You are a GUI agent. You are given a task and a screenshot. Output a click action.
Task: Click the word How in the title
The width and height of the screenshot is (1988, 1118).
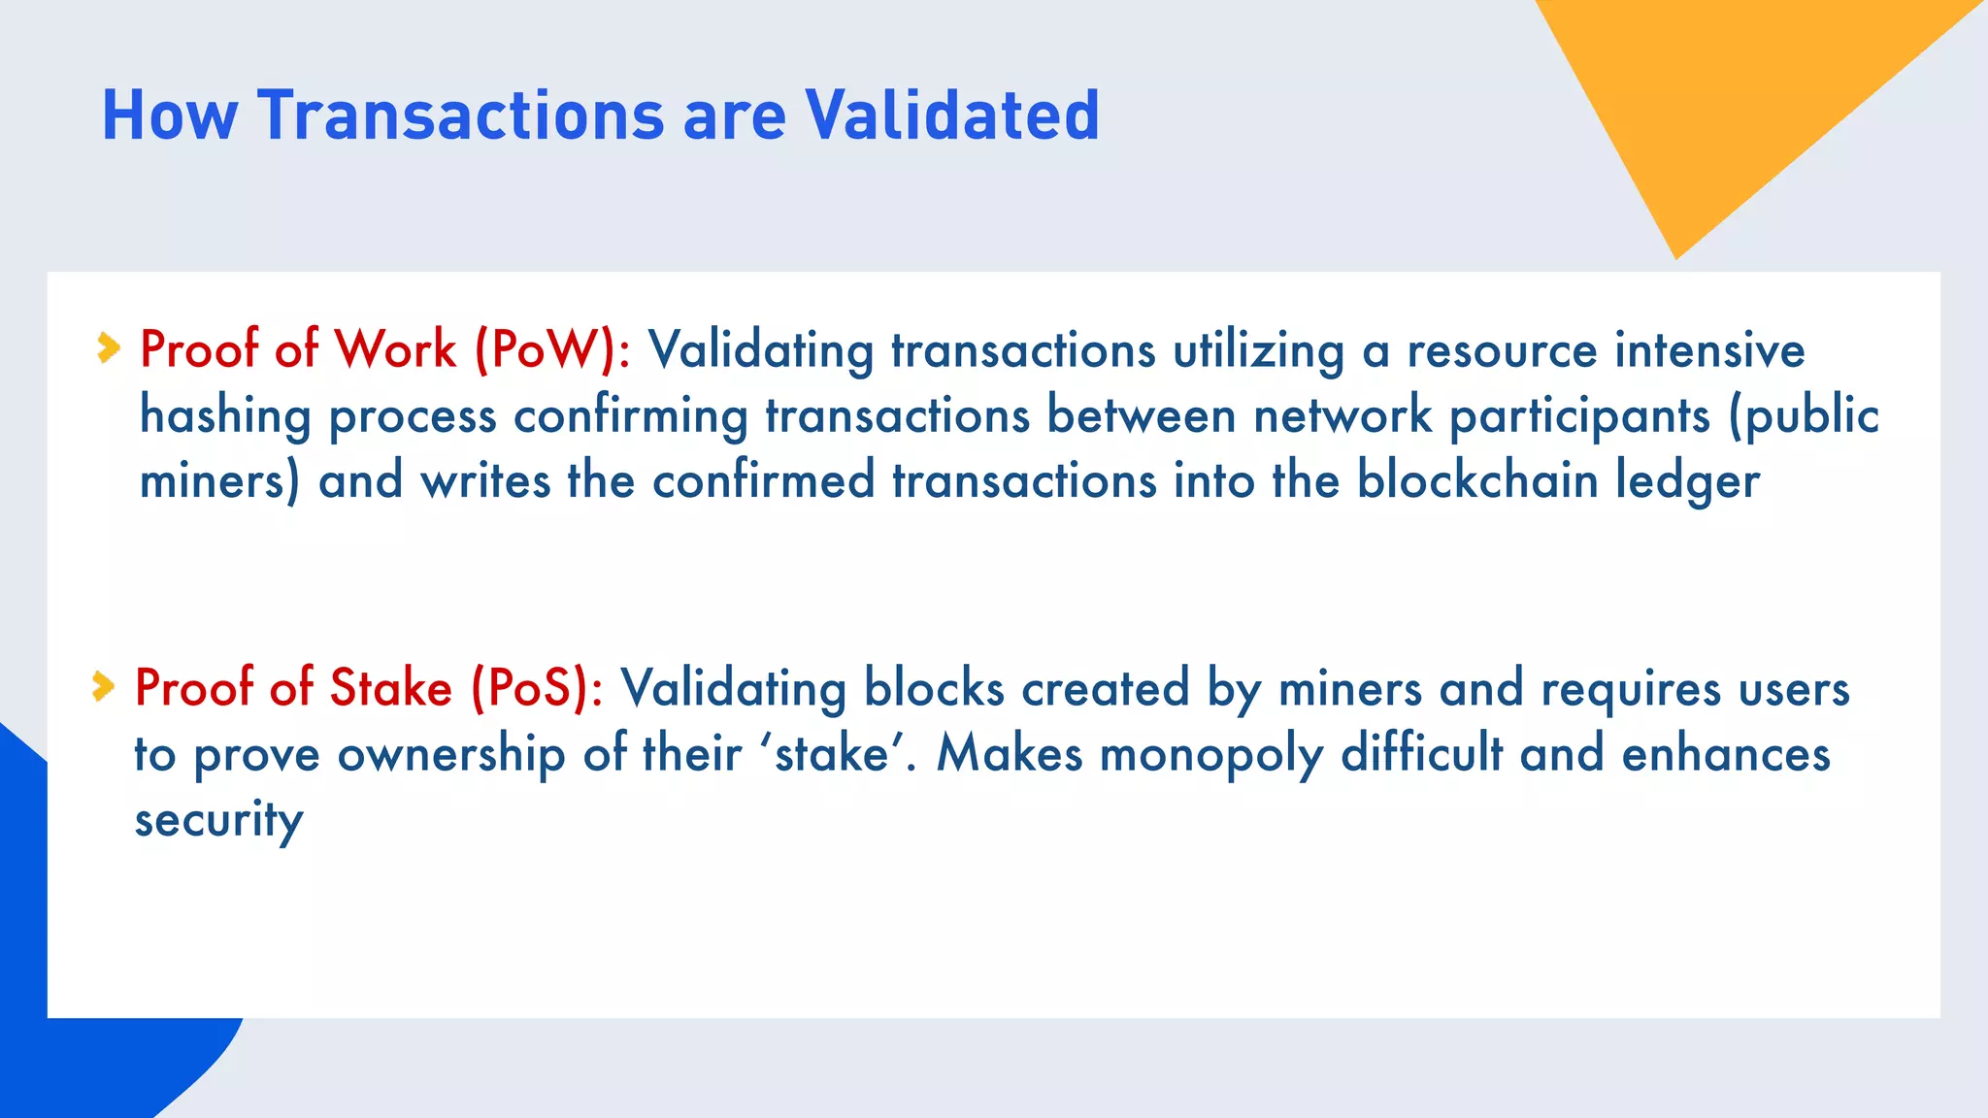pyautogui.click(x=169, y=115)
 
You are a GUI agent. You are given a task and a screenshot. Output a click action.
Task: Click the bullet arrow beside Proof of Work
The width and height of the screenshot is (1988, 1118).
pyautogui.click(x=109, y=347)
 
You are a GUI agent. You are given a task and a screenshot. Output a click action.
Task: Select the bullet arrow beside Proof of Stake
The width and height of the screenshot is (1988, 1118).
pyautogui.click(x=103, y=686)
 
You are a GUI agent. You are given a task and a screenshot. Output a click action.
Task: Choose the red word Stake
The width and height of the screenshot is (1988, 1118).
pyautogui.click(x=391, y=688)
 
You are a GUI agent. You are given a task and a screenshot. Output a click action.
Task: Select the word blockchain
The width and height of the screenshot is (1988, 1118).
pyautogui.click(x=1476, y=480)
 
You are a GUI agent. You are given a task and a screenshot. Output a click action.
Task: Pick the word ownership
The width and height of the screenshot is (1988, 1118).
pyautogui.click(x=451, y=755)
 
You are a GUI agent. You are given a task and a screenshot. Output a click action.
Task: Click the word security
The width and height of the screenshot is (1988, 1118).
pyautogui.click(x=218, y=821)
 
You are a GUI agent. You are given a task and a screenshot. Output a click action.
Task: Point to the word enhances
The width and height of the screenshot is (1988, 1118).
pyautogui.click(x=1726, y=754)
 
